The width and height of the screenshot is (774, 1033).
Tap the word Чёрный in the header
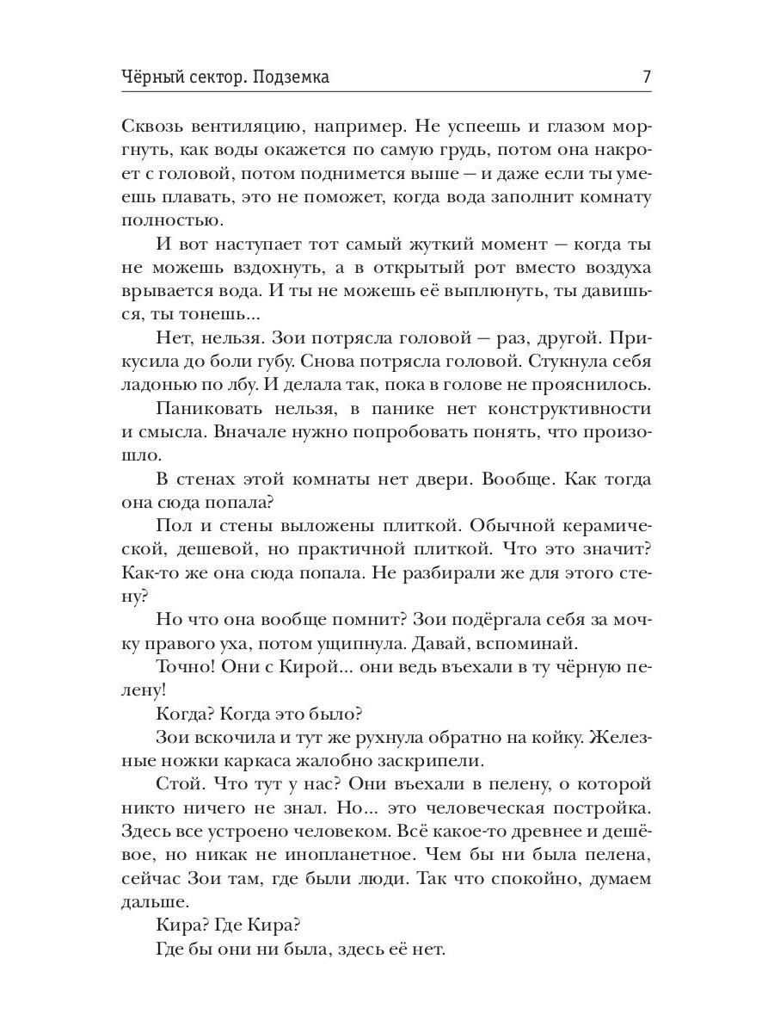(x=152, y=77)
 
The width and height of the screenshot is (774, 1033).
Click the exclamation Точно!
(x=187, y=668)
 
